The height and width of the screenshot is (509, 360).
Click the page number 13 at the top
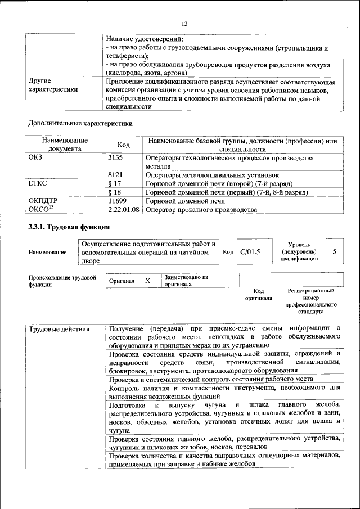(x=184, y=23)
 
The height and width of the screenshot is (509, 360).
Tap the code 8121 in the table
(x=115, y=175)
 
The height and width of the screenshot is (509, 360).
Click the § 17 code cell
(x=114, y=183)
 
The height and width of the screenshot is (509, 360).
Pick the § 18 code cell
(x=114, y=192)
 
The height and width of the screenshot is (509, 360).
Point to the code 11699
(x=116, y=200)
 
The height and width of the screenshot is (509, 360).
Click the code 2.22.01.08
(x=123, y=209)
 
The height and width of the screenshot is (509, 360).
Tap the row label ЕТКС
(x=38, y=183)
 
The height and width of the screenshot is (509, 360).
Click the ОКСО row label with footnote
(x=40, y=209)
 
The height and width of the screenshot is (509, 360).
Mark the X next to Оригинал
(x=147, y=280)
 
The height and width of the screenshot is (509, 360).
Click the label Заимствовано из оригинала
(x=186, y=281)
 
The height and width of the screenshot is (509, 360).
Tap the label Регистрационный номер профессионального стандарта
(x=311, y=301)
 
